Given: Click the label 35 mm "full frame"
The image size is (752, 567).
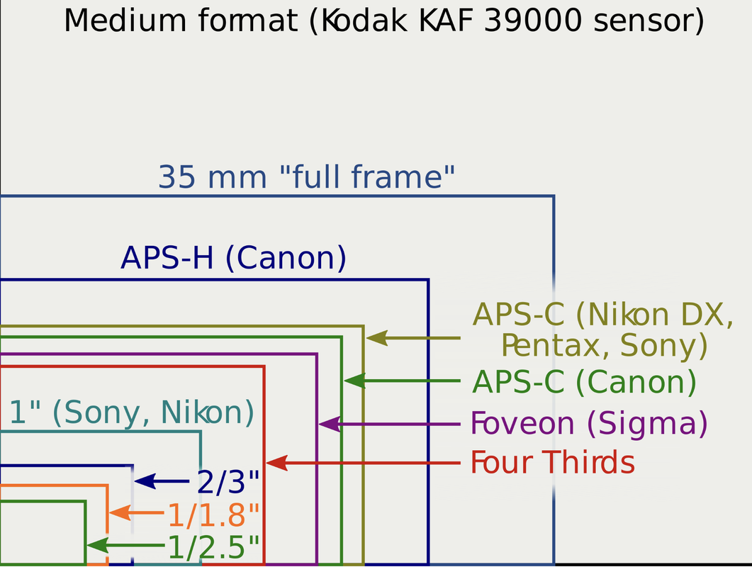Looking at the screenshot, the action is click(x=306, y=176).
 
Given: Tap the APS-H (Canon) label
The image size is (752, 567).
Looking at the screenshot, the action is click(x=233, y=259).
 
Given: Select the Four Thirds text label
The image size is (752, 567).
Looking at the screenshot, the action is click(x=553, y=462).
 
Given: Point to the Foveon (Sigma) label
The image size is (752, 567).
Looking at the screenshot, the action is click(x=589, y=424).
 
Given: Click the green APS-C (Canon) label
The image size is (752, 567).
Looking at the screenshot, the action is click(x=584, y=382).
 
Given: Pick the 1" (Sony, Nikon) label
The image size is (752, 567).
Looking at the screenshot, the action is click(x=131, y=412).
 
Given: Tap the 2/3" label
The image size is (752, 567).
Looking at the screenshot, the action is click(x=228, y=482).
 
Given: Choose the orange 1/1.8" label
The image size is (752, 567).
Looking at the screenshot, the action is click(x=213, y=515).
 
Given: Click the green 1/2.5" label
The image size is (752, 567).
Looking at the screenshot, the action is click(x=213, y=547).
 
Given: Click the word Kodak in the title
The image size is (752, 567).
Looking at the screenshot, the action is click(x=364, y=21).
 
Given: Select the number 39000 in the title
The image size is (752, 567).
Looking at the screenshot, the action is click(x=533, y=21).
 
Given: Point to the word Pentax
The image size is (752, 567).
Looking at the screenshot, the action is click(x=556, y=345).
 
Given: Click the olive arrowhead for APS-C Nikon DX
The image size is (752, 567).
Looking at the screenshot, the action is click(x=377, y=338).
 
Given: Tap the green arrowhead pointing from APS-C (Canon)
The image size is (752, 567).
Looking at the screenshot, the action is click(x=355, y=381).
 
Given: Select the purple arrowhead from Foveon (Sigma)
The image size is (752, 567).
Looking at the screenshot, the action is click(x=330, y=424).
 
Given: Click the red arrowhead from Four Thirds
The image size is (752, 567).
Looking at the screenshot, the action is click(x=276, y=463).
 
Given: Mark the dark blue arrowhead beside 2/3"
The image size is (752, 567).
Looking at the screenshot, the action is click(x=145, y=481).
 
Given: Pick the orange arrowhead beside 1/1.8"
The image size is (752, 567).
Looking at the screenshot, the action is click(x=120, y=513).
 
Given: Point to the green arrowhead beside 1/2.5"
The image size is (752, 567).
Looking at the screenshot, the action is click(x=98, y=546).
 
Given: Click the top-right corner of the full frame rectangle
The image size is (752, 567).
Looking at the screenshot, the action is click(x=554, y=196).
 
